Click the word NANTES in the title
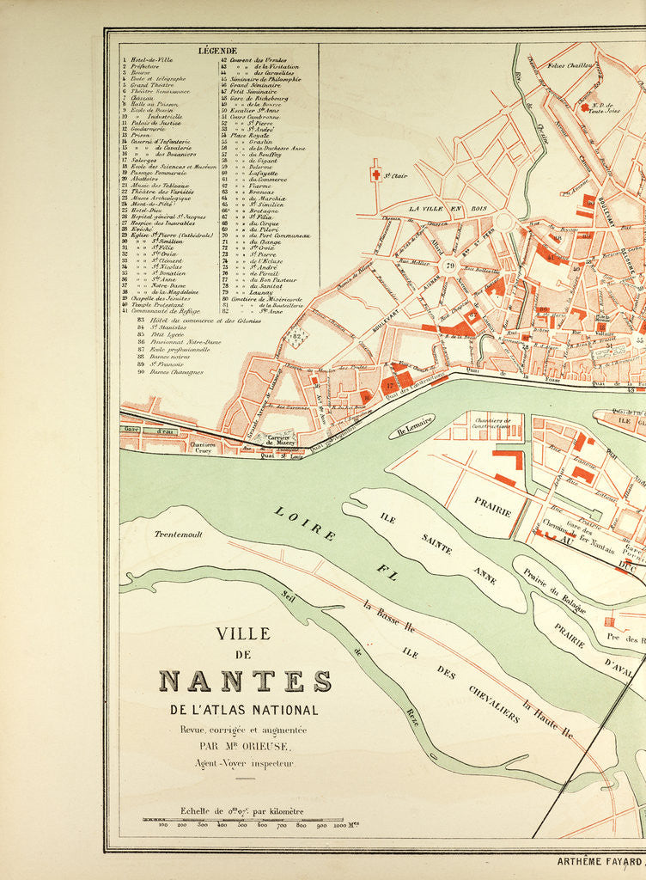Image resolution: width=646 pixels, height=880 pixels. coord(246,681)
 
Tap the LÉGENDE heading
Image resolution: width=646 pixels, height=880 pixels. coord(218,51)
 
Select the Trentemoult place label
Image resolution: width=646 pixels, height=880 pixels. coord(178,534)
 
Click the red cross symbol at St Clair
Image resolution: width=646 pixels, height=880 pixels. coord(375,174)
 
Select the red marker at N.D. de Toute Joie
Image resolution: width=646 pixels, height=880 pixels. coord(585,107)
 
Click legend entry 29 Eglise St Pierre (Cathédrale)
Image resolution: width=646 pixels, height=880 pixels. coord(173,235)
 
